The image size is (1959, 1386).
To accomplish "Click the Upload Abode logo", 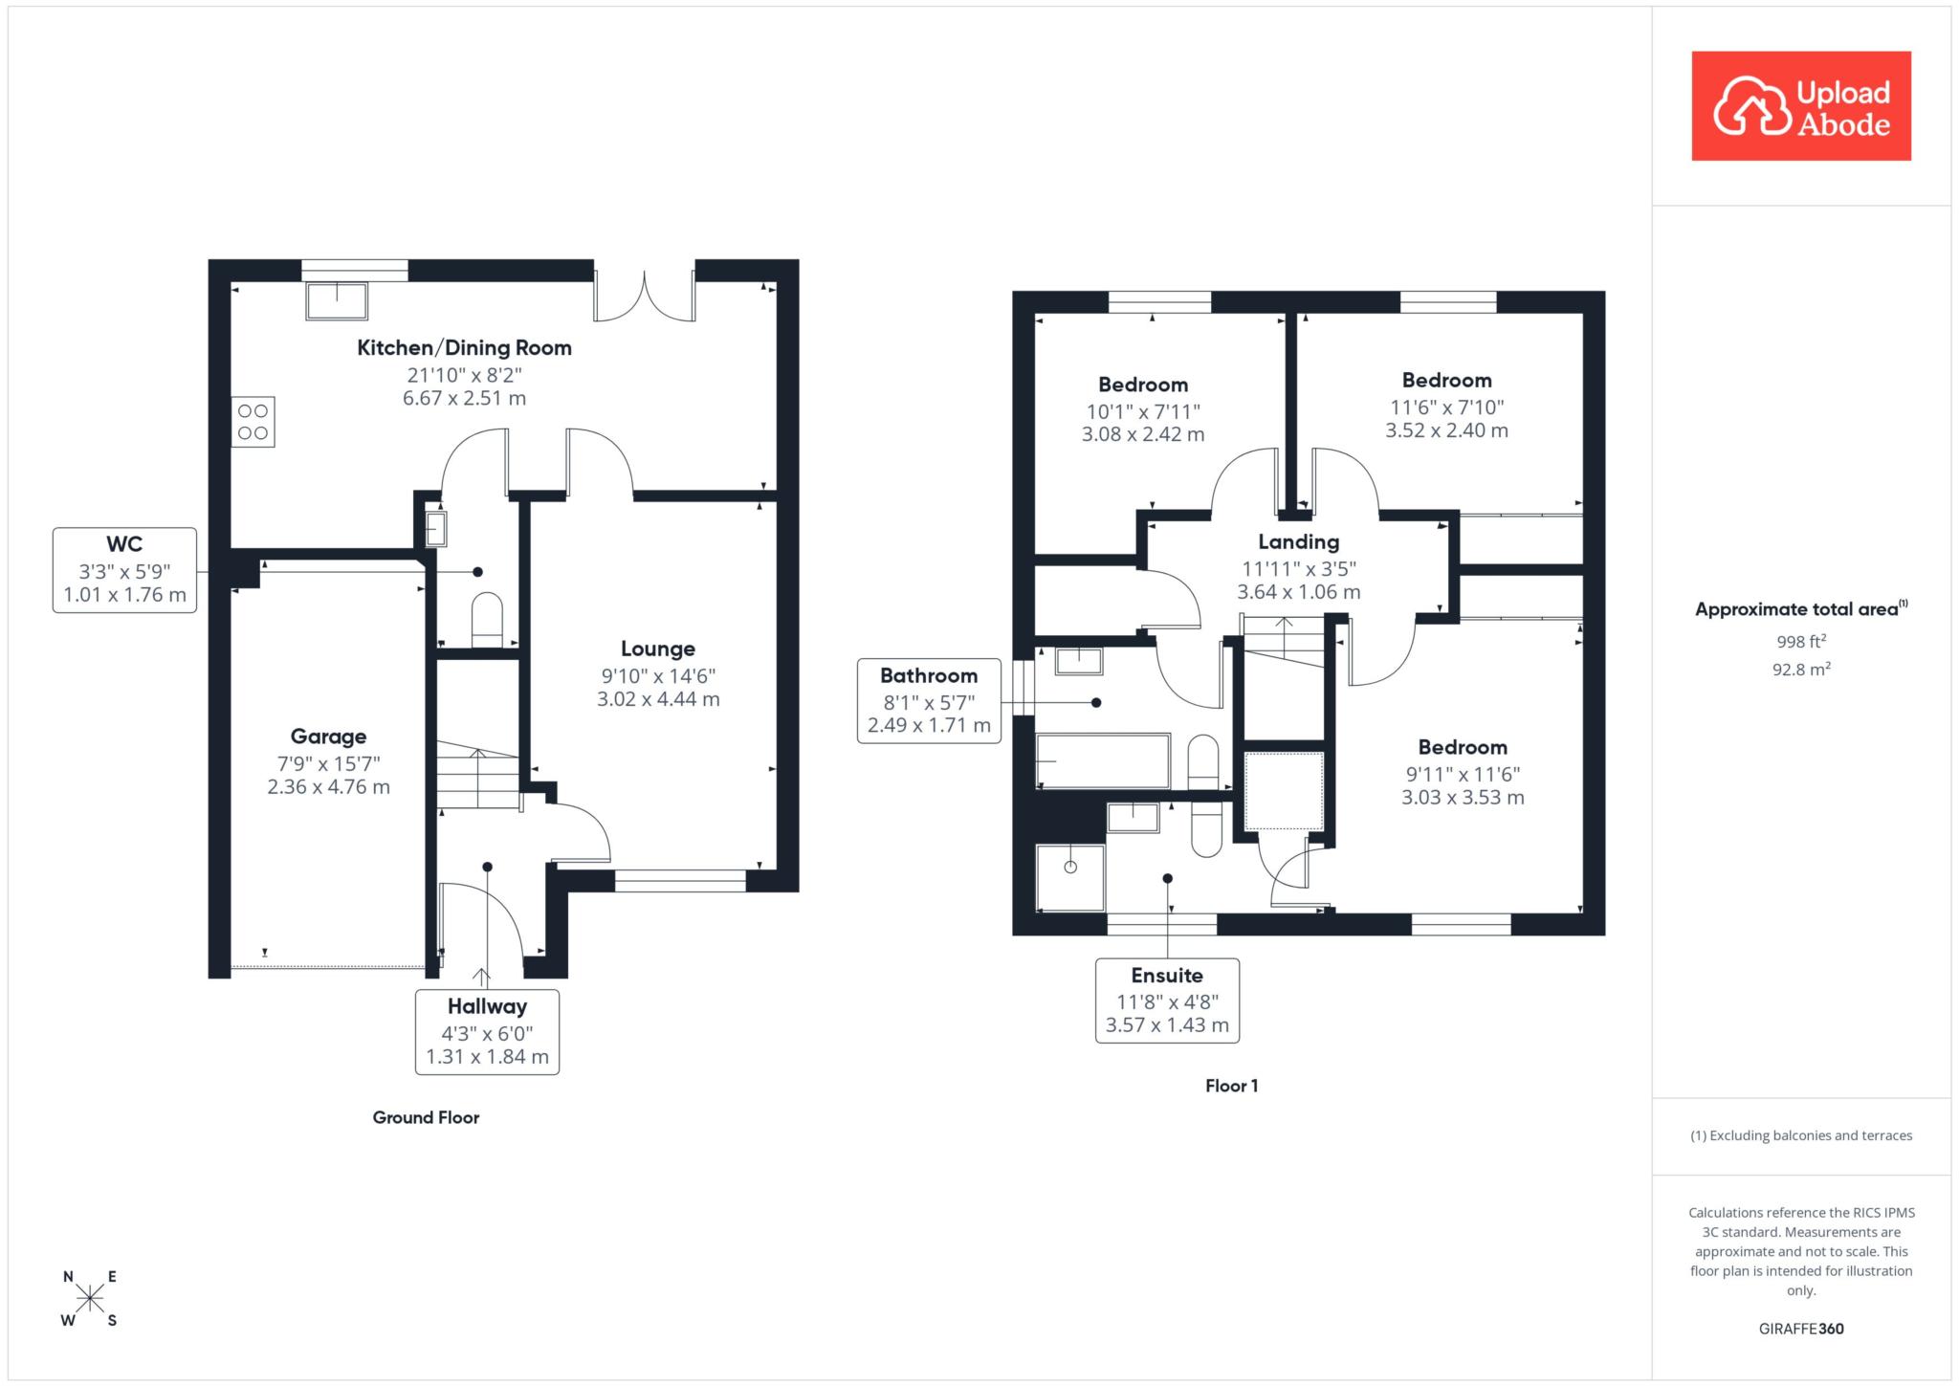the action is click(x=1801, y=106).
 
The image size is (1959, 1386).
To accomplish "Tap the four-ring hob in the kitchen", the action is click(x=253, y=422).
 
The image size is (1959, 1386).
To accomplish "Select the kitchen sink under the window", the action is click(x=337, y=301).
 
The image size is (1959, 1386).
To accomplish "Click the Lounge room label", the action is click(x=658, y=649).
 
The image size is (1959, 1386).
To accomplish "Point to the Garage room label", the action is click(x=328, y=737).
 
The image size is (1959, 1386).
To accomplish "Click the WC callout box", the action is click(x=124, y=570).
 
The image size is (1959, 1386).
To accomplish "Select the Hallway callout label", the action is click(x=487, y=1032).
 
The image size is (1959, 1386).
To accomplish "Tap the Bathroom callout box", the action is click(x=929, y=701).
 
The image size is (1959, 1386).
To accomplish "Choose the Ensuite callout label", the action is click(x=1167, y=1001).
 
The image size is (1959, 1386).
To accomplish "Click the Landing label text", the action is click(x=1298, y=542).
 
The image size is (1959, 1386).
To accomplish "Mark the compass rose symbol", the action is click(x=90, y=1298).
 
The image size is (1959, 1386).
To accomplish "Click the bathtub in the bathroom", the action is click(x=1103, y=761).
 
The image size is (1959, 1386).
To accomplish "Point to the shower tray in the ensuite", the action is click(x=1070, y=875).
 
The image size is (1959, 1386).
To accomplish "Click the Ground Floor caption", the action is click(x=426, y=1117).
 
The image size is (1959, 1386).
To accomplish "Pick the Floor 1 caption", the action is click(x=1232, y=1086).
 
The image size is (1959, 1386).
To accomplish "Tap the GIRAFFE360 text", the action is click(x=1801, y=1329).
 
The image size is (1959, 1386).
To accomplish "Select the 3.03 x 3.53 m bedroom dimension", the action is click(x=1463, y=798).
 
